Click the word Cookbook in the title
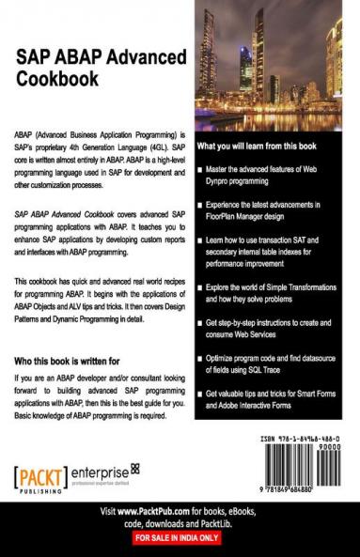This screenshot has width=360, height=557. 57,79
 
